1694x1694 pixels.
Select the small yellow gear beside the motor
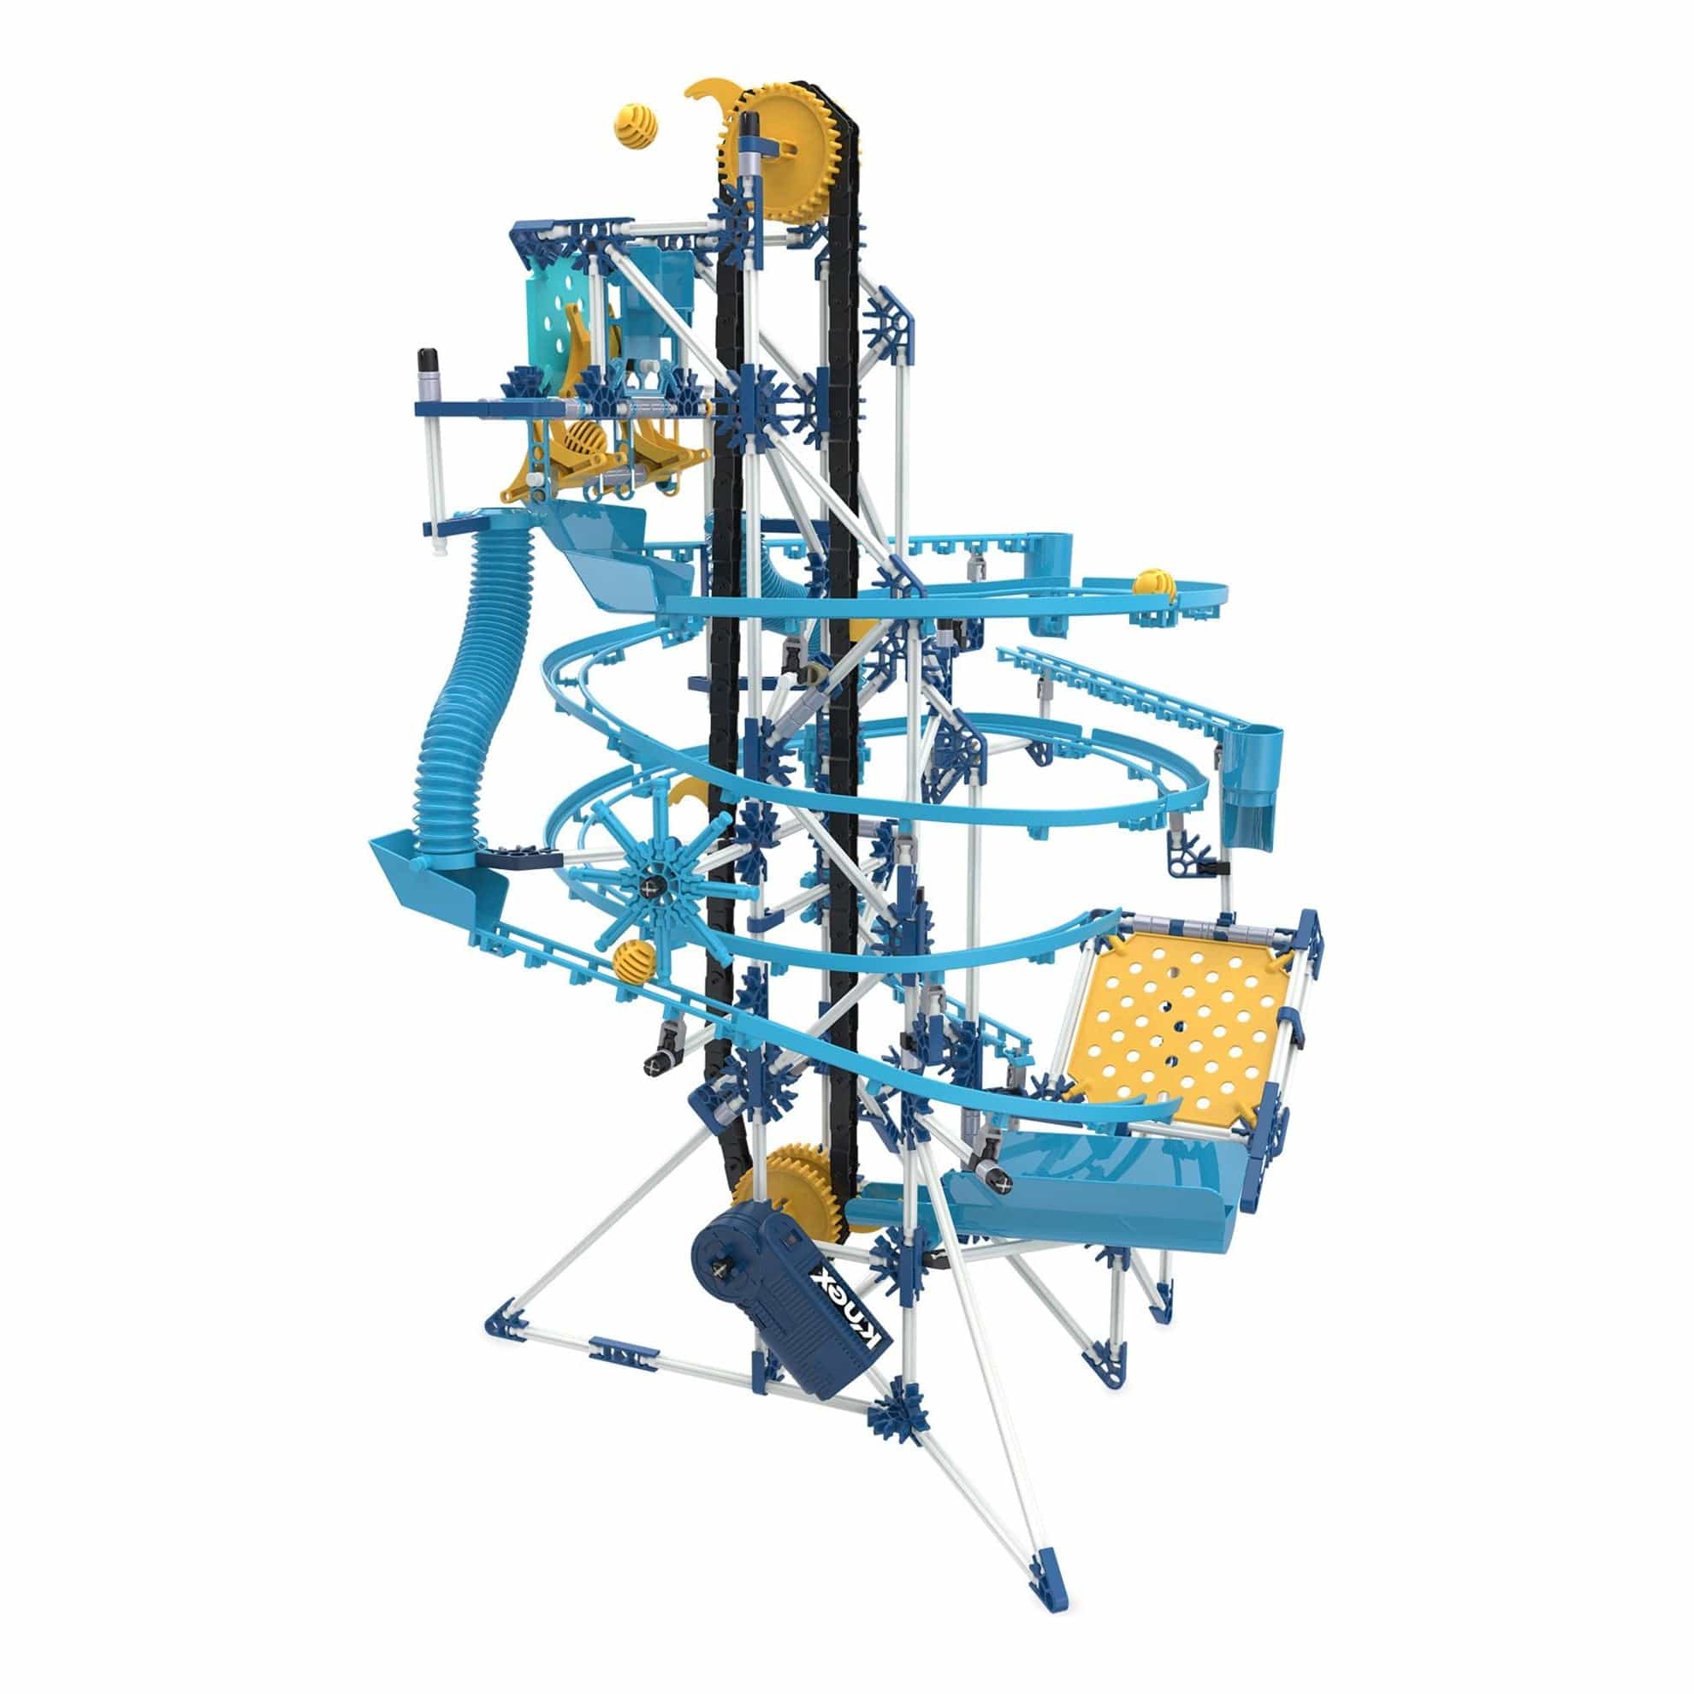pyautogui.click(x=800, y=1193)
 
